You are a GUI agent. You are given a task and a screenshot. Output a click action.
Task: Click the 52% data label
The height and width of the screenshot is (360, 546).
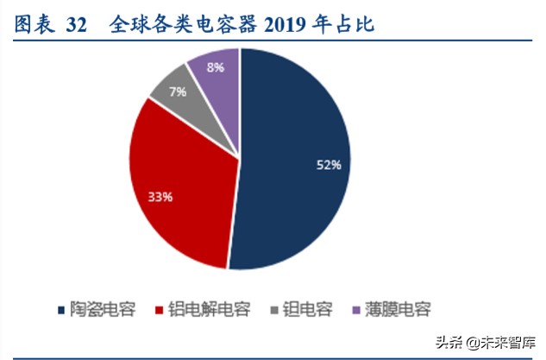click(327, 165)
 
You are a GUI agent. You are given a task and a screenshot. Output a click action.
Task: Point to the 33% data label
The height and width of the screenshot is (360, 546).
click(160, 197)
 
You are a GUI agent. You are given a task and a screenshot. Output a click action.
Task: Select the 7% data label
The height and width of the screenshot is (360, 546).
click(178, 92)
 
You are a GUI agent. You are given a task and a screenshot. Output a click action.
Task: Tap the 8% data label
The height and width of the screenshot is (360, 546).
click(217, 66)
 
